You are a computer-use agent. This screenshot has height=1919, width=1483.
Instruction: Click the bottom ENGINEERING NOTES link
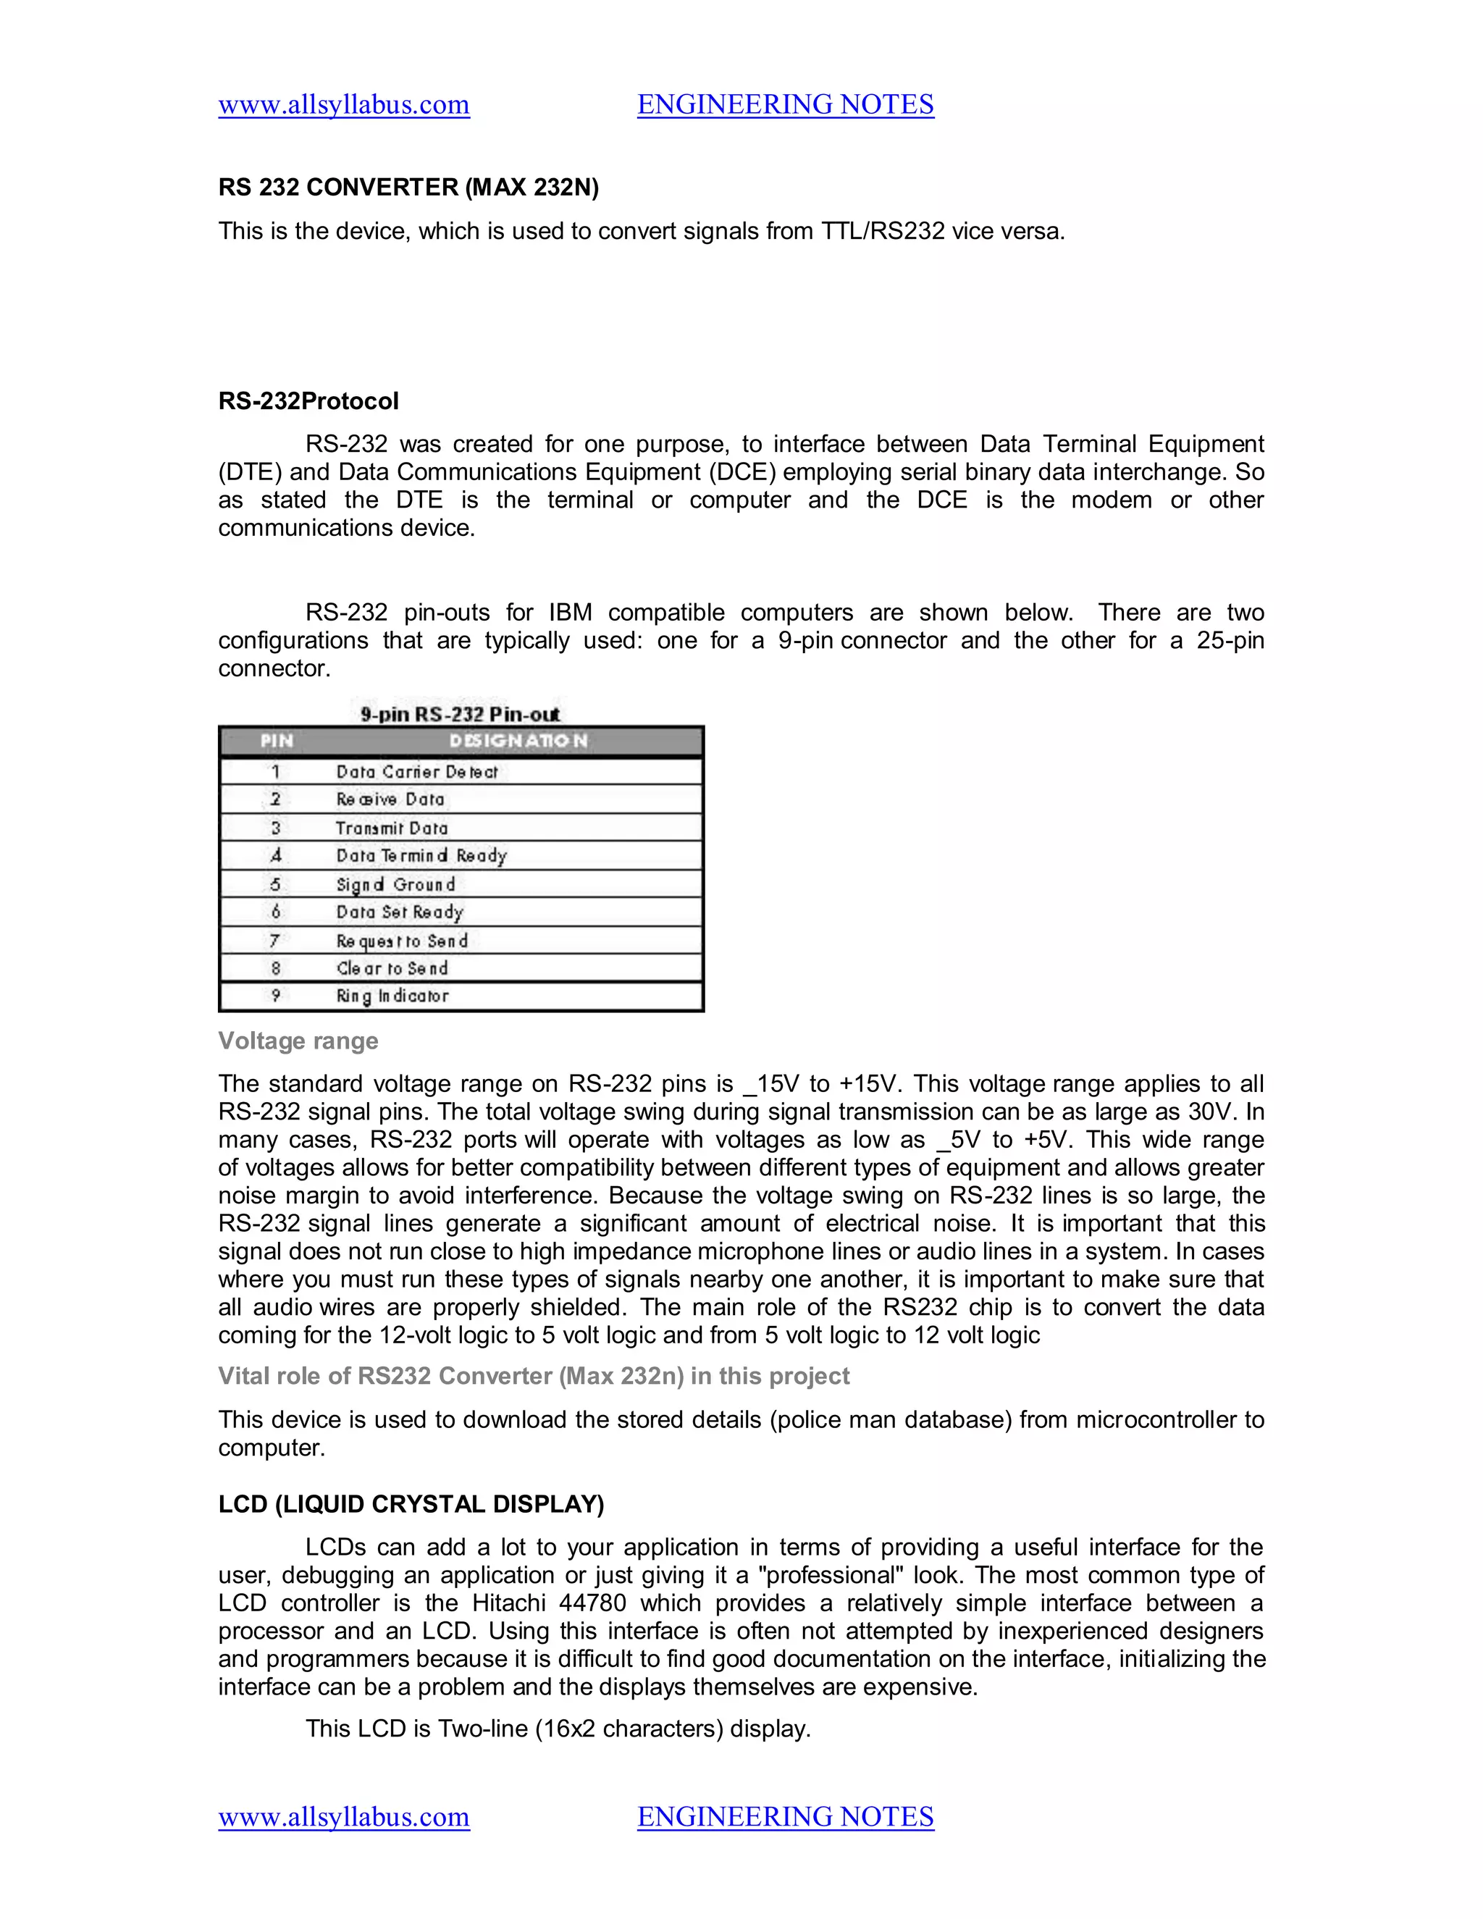[x=786, y=1816]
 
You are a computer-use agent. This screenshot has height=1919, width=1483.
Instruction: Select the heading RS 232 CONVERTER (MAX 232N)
[x=408, y=187]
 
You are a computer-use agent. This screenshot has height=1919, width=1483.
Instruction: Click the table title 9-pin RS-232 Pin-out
[x=460, y=713]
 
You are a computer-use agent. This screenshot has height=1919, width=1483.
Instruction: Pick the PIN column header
[x=276, y=741]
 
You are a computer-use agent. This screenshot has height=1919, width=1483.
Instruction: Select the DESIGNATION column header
[x=518, y=741]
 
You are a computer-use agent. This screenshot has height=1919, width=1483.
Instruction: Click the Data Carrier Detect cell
[x=416, y=771]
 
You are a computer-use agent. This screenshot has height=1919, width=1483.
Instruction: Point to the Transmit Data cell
[x=392, y=828]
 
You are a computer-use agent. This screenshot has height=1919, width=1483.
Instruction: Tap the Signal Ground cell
[x=395, y=884]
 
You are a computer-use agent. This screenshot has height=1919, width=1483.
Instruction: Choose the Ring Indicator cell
[x=392, y=996]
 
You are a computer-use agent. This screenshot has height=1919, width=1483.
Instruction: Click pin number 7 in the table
[x=275, y=940]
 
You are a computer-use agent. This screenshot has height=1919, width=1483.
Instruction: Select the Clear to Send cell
[x=392, y=967]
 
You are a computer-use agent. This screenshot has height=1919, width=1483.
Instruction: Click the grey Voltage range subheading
[x=298, y=1041]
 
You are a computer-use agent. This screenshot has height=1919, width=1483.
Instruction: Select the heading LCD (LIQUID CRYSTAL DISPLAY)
[x=411, y=1503]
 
